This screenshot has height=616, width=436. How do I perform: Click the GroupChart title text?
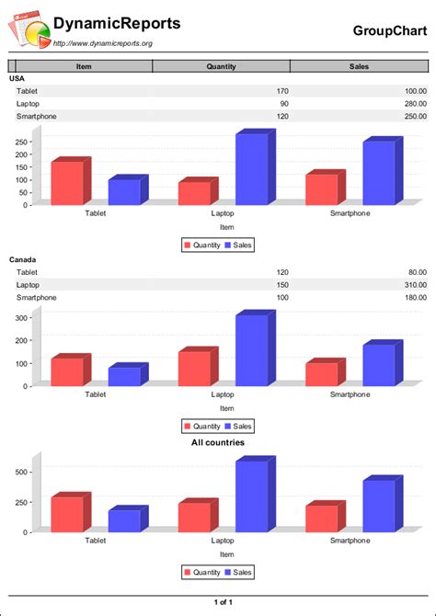(x=390, y=30)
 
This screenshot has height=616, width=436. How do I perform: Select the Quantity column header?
(x=221, y=66)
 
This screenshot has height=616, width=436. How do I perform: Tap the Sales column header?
(x=359, y=66)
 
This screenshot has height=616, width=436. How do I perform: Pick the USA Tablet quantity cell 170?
(x=281, y=91)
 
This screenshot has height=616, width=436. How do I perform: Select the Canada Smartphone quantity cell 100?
(x=281, y=298)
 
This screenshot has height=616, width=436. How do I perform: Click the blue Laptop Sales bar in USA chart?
(x=251, y=170)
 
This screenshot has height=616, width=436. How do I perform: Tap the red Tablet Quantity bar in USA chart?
(x=66, y=184)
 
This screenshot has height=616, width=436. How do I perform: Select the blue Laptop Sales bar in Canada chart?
(x=251, y=350)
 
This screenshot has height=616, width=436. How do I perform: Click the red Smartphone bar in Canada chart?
(x=321, y=374)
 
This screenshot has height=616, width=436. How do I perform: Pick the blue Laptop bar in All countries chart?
(x=251, y=496)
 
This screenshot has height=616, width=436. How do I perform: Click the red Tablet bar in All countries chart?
(x=66, y=515)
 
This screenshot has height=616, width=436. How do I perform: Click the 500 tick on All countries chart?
(x=20, y=473)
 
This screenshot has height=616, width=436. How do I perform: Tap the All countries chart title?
(x=217, y=443)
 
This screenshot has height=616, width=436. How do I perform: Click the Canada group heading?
(x=23, y=260)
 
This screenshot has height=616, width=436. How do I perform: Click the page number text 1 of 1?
(x=222, y=602)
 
